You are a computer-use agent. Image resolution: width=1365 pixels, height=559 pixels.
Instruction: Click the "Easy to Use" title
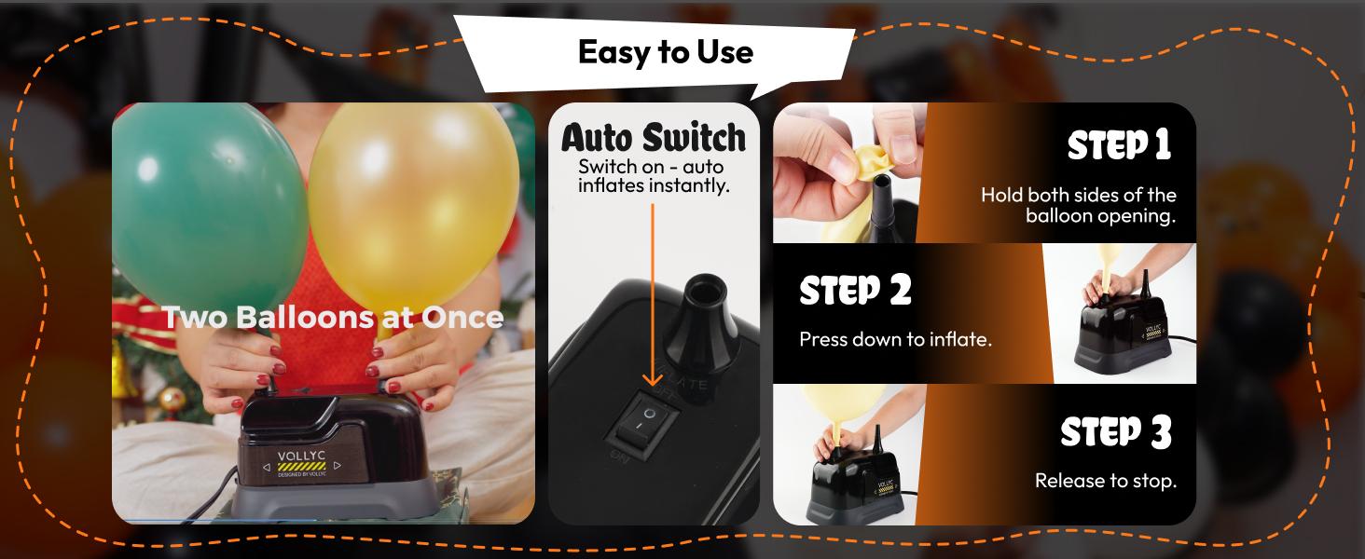665,51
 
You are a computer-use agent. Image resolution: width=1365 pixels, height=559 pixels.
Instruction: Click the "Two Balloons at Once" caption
334,317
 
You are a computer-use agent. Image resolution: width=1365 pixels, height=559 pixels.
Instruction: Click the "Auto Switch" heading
653,138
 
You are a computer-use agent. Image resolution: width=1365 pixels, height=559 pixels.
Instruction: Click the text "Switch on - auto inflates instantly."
652,176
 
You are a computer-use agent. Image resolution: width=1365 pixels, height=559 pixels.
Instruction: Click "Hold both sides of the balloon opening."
1078,206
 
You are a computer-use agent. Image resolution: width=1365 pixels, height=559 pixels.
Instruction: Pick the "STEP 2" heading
855,291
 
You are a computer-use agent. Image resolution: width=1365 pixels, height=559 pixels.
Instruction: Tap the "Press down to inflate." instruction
895,339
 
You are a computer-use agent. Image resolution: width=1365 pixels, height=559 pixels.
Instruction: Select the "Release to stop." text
1105,482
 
